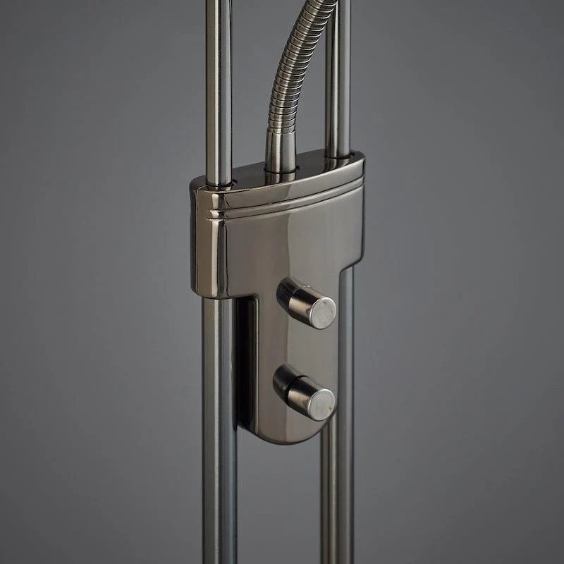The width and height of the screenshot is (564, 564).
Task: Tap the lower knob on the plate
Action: point(304,393)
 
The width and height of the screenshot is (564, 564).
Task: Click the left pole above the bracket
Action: point(222,85)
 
